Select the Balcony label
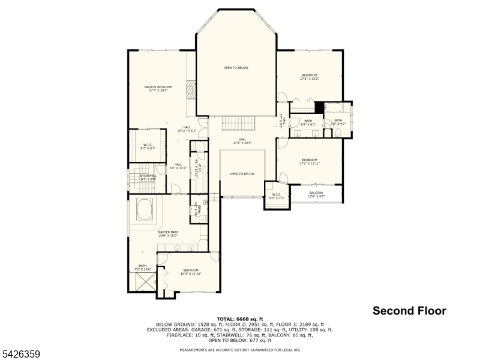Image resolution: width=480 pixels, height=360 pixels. click(x=316, y=194)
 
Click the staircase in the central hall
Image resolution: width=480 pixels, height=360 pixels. click(x=239, y=123)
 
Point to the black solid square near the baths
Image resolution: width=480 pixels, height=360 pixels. click(x=319, y=108)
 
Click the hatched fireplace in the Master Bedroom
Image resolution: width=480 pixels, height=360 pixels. click(x=191, y=90)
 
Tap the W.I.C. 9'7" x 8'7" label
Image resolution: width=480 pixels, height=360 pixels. click(x=148, y=146)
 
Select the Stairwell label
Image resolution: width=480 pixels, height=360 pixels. click(x=148, y=178)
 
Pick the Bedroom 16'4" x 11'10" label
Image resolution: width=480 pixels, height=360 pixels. click(x=191, y=272)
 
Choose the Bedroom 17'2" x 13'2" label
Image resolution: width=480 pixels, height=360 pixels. click(x=309, y=76)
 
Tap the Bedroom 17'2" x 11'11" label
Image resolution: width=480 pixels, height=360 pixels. click(x=309, y=161)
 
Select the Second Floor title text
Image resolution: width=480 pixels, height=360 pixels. click(x=409, y=311)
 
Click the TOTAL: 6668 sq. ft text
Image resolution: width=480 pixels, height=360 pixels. click(x=239, y=319)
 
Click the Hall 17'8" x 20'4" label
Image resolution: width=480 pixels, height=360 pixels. click(x=243, y=142)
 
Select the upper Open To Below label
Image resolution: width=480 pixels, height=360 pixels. click(x=236, y=68)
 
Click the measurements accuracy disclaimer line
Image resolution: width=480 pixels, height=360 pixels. click(x=239, y=349)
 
